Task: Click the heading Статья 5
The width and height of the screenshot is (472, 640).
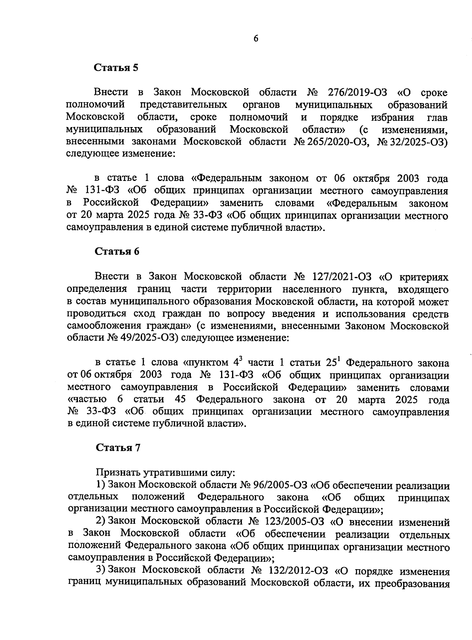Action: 116,67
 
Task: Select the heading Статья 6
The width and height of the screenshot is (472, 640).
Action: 117,252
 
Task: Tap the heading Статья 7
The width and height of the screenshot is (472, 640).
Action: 118,448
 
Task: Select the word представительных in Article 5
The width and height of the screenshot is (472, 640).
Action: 183,105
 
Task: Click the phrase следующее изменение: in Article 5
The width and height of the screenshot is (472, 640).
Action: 120,154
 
